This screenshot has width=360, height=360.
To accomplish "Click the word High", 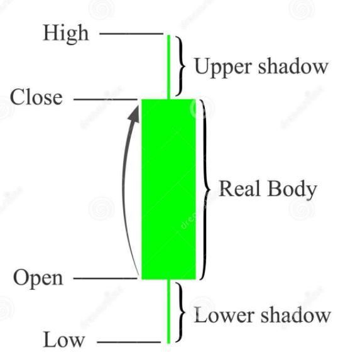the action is point(66,34).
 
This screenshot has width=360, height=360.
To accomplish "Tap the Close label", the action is point(36,97).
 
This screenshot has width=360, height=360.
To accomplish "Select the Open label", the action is point(38,278).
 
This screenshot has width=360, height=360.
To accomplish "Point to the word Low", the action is point(64,339).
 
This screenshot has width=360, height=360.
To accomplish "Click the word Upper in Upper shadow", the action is point(222,67).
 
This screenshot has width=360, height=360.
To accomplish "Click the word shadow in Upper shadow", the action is point(293,66).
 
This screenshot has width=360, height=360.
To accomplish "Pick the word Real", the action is point(239,188).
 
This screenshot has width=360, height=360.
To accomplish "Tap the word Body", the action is point(292,190).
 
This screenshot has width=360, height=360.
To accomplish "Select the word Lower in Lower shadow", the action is point(224,315).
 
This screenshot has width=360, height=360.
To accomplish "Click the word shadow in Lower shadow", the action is point(296,314).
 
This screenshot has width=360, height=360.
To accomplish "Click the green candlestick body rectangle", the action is point(169,189).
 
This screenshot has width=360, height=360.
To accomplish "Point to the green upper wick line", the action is point(169,67).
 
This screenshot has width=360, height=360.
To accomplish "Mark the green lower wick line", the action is point(169,312).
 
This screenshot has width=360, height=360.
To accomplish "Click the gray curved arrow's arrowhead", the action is point(134,114).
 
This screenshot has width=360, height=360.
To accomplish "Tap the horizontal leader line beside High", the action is point(131,34).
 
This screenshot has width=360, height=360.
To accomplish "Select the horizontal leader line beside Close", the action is point(106,99).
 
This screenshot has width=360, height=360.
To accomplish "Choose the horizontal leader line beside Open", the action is point(106,278).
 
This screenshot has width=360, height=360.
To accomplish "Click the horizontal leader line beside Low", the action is point(129,342).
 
